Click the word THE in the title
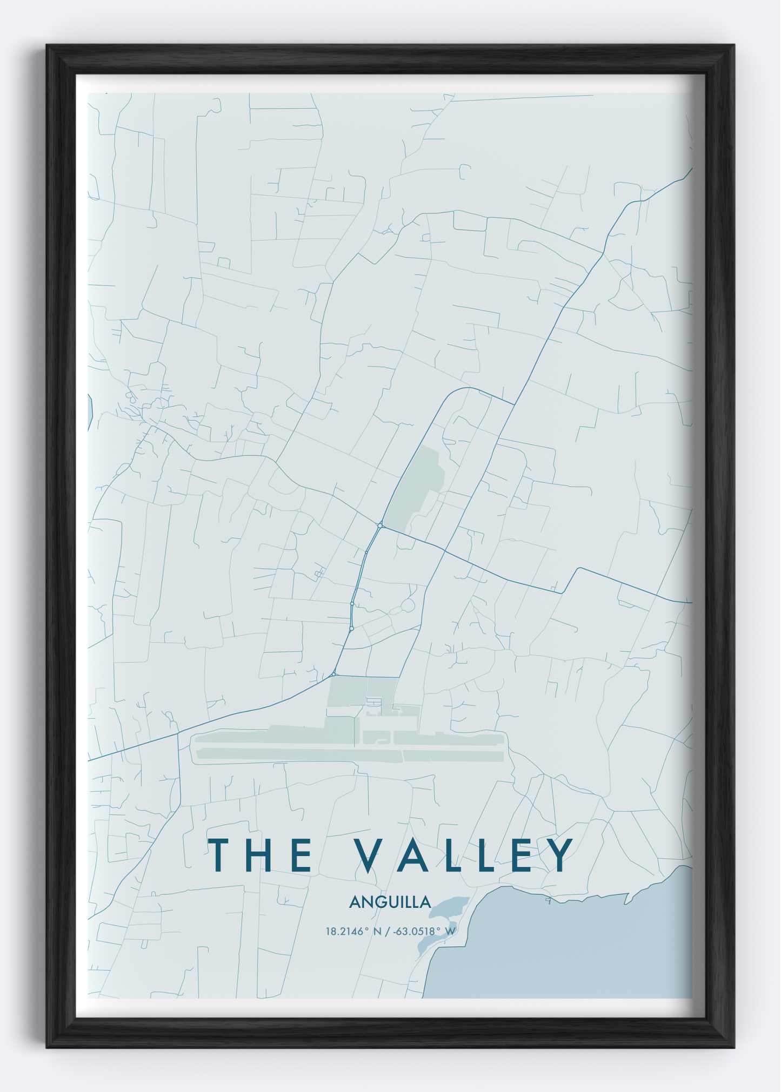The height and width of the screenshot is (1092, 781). [261, 855]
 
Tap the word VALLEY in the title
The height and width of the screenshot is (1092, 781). [464, 855]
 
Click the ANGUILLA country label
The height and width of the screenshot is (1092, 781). [390, 902]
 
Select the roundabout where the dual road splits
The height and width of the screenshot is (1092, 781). [380, 525]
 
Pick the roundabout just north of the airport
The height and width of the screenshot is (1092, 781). [334, 674]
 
